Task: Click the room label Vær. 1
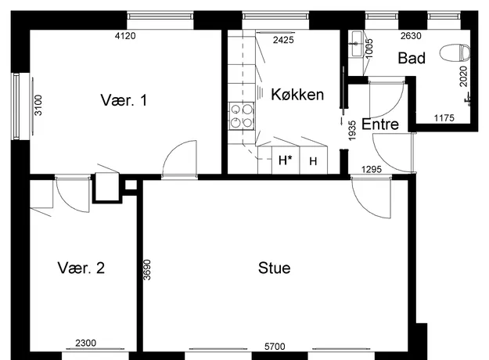click(x=124, y=100)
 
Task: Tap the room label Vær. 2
click(x=81, y=268)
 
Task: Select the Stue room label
click(x=275, y=268)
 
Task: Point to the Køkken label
click(x=297, y=94)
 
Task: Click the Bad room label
click(x=412, y=58)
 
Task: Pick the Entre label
click(x=380, y=124)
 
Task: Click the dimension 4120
click(x=125, y=36)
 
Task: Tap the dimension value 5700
click(x=275, y=347)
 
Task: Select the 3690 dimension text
click(x=147, y=270)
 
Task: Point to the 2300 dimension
click(x=86, y=343)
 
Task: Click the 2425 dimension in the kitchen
click(x=283, y=40)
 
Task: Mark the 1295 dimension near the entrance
click(x=372, y=169)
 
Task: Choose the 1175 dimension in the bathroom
click(x=444, y=118)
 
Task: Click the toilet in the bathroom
click(x=455, y=52)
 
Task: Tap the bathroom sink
click(x=355, y=44)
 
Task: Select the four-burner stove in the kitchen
click(x=242, y=116)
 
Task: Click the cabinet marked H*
click(x=286, y=160)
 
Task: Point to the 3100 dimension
click(x=38, y=105)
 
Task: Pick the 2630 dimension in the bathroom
click(x=411, y=36)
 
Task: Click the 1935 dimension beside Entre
click(x=352, y=131)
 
